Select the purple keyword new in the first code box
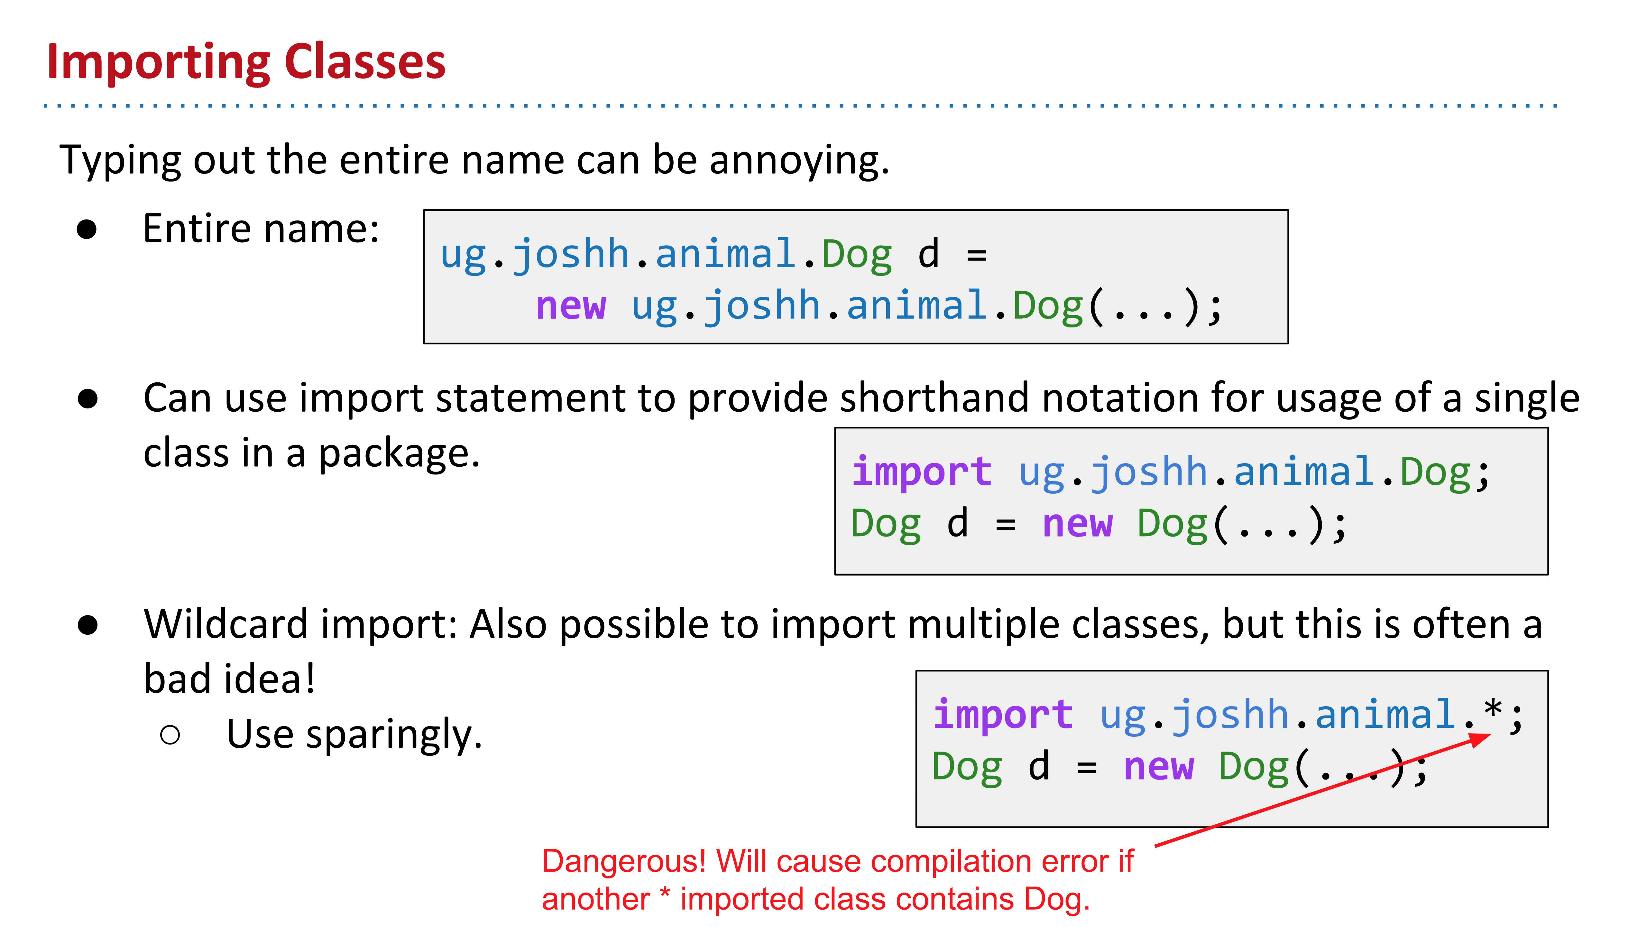click(570, 306)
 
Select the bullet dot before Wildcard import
click(87, 625)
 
